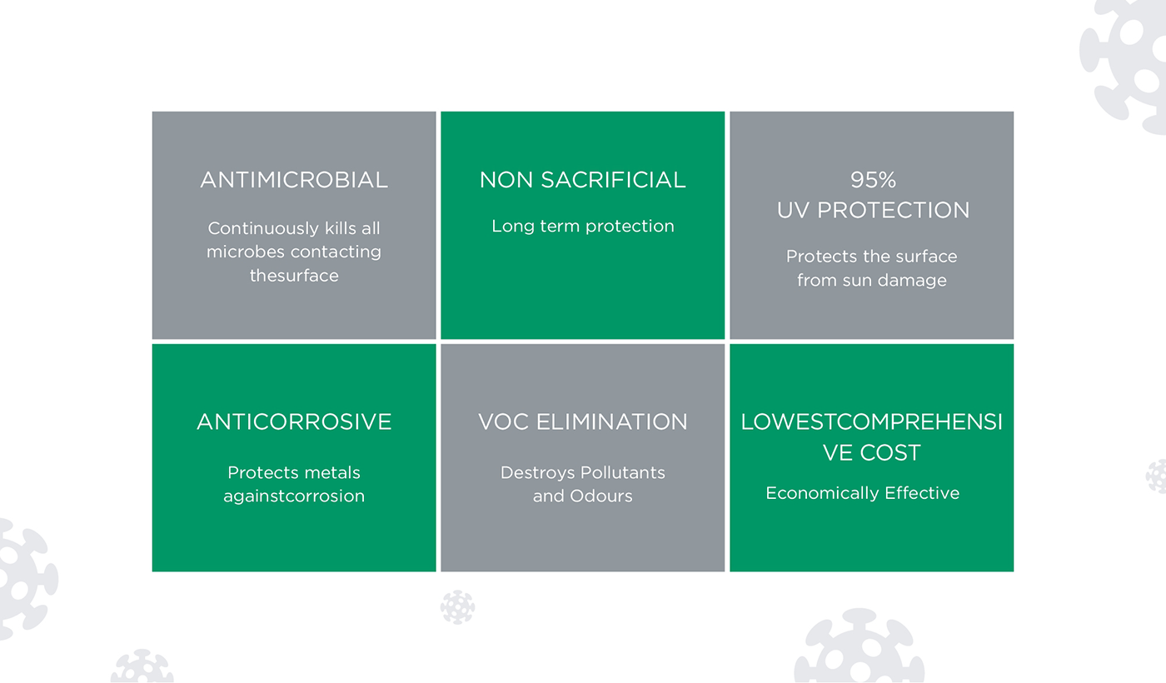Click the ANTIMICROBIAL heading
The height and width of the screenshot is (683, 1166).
point(294,180)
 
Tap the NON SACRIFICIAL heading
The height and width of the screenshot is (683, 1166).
point(582,180)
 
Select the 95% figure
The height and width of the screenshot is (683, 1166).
point(873,180)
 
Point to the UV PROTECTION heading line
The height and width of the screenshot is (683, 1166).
point(873,210)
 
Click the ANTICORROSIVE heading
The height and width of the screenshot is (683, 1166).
point(294,421)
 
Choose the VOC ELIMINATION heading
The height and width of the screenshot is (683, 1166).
point(582,421)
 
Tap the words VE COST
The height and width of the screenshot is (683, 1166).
point(872,452)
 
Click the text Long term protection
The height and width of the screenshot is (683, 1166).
point(582,226)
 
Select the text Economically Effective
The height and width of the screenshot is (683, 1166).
point(863,493)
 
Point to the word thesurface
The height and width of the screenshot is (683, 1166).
point(294,276)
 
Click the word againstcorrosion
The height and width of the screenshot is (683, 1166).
point(294,496)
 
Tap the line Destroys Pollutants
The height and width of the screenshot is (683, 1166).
point(582,473)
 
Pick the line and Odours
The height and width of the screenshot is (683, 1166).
point(582,496)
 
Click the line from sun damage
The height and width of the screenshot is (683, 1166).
point(872,281)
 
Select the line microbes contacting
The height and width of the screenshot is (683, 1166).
point(294,252)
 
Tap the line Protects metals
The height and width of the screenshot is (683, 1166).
point(294,473)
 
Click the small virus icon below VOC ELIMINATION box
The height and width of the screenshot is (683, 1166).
point(457,607)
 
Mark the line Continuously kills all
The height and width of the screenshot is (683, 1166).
point(294,228)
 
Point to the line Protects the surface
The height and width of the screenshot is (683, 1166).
point(872,257)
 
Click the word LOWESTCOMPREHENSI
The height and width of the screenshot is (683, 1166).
point(872,421)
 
